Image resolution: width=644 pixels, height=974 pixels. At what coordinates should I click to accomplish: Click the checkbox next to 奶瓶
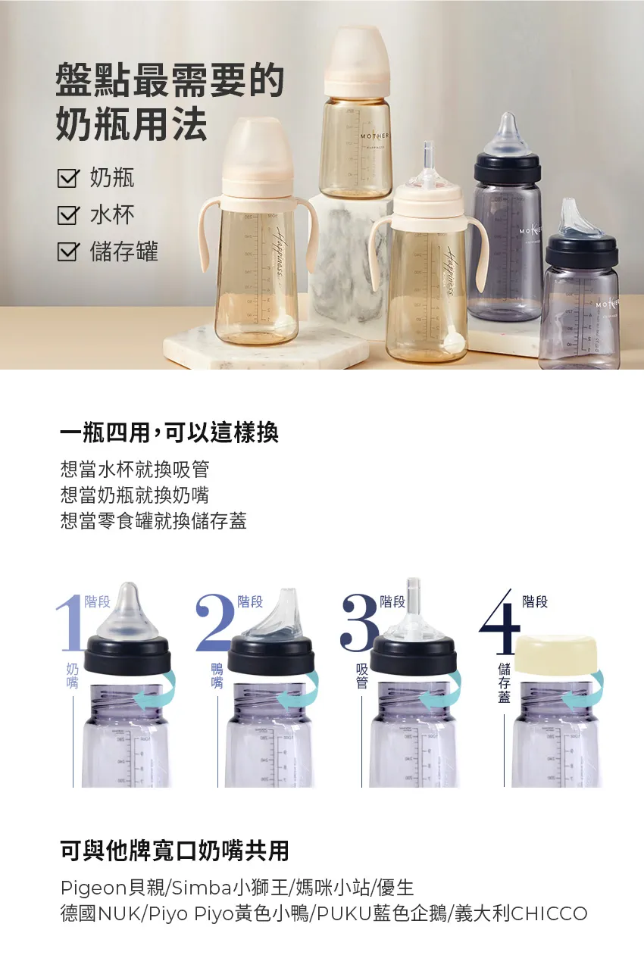(x=68, y=179)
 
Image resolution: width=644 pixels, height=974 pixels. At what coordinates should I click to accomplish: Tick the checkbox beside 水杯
(x=68, y=215)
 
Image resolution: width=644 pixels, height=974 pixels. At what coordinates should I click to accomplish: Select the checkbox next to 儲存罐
(x=68, y=251)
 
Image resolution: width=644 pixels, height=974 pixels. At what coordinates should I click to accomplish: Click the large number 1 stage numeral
(x=70, y=623)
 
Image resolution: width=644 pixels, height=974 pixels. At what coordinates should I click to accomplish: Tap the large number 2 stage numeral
(x=214, y=623)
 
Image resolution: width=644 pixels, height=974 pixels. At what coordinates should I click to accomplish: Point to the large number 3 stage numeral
(x=359, y=623)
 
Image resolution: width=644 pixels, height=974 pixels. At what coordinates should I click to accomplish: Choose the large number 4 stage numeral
(x=500, y=623)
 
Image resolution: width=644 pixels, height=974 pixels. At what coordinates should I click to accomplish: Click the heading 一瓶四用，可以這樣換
(x=170, y=432)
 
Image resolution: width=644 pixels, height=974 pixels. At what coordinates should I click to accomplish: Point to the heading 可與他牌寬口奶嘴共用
(x=174, y=850)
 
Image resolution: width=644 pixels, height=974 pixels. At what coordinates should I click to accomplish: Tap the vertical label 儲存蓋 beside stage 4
(x=504, y=682)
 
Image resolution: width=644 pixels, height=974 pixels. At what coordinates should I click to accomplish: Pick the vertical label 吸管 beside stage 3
(x=361, y=676)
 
